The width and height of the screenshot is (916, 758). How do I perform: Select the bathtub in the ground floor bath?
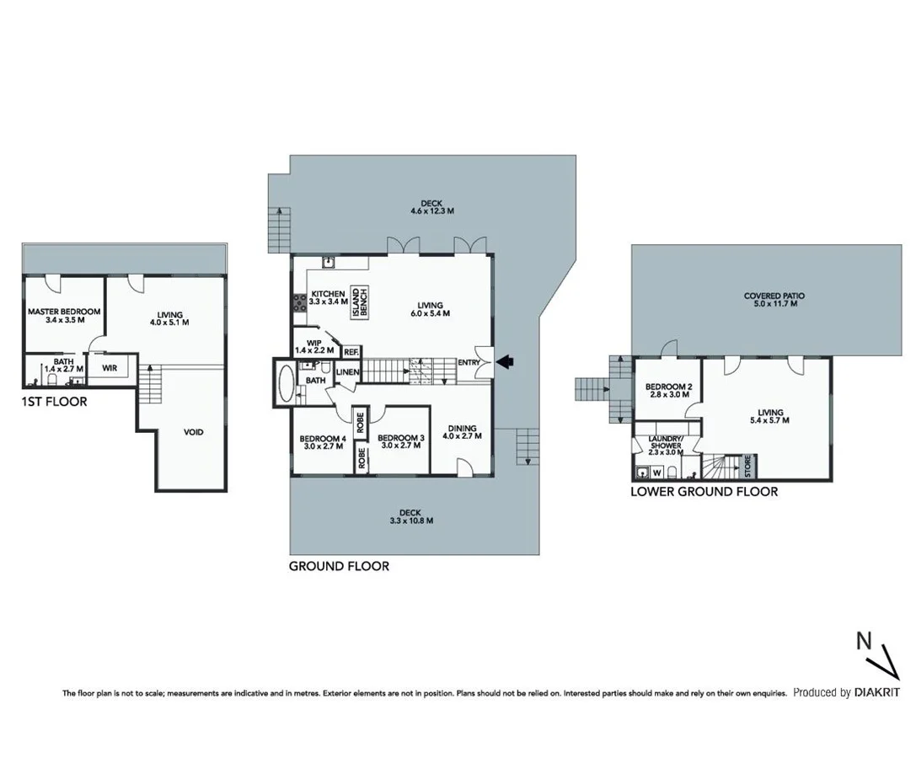[283, 383]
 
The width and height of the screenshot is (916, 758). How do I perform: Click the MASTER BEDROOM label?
[64, 312]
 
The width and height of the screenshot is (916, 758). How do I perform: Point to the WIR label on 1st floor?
[110, 368]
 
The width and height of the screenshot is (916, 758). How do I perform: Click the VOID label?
[194, 432]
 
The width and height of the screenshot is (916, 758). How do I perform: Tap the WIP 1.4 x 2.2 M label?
[314, 345]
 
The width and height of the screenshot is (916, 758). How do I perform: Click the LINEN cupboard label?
[348, 372]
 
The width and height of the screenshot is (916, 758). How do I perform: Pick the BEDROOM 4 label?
[322, 438]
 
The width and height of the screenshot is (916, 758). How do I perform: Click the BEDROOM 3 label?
[399, 438]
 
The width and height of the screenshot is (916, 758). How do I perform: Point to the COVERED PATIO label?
[774, 296]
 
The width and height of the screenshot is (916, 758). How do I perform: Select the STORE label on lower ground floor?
[747, 464]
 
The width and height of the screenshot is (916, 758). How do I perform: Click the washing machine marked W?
[656, 473]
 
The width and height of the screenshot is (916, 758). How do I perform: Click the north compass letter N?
[864, 640]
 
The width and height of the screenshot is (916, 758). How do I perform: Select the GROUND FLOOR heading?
[339, 566]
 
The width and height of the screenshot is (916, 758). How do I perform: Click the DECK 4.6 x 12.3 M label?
[431, 205]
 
